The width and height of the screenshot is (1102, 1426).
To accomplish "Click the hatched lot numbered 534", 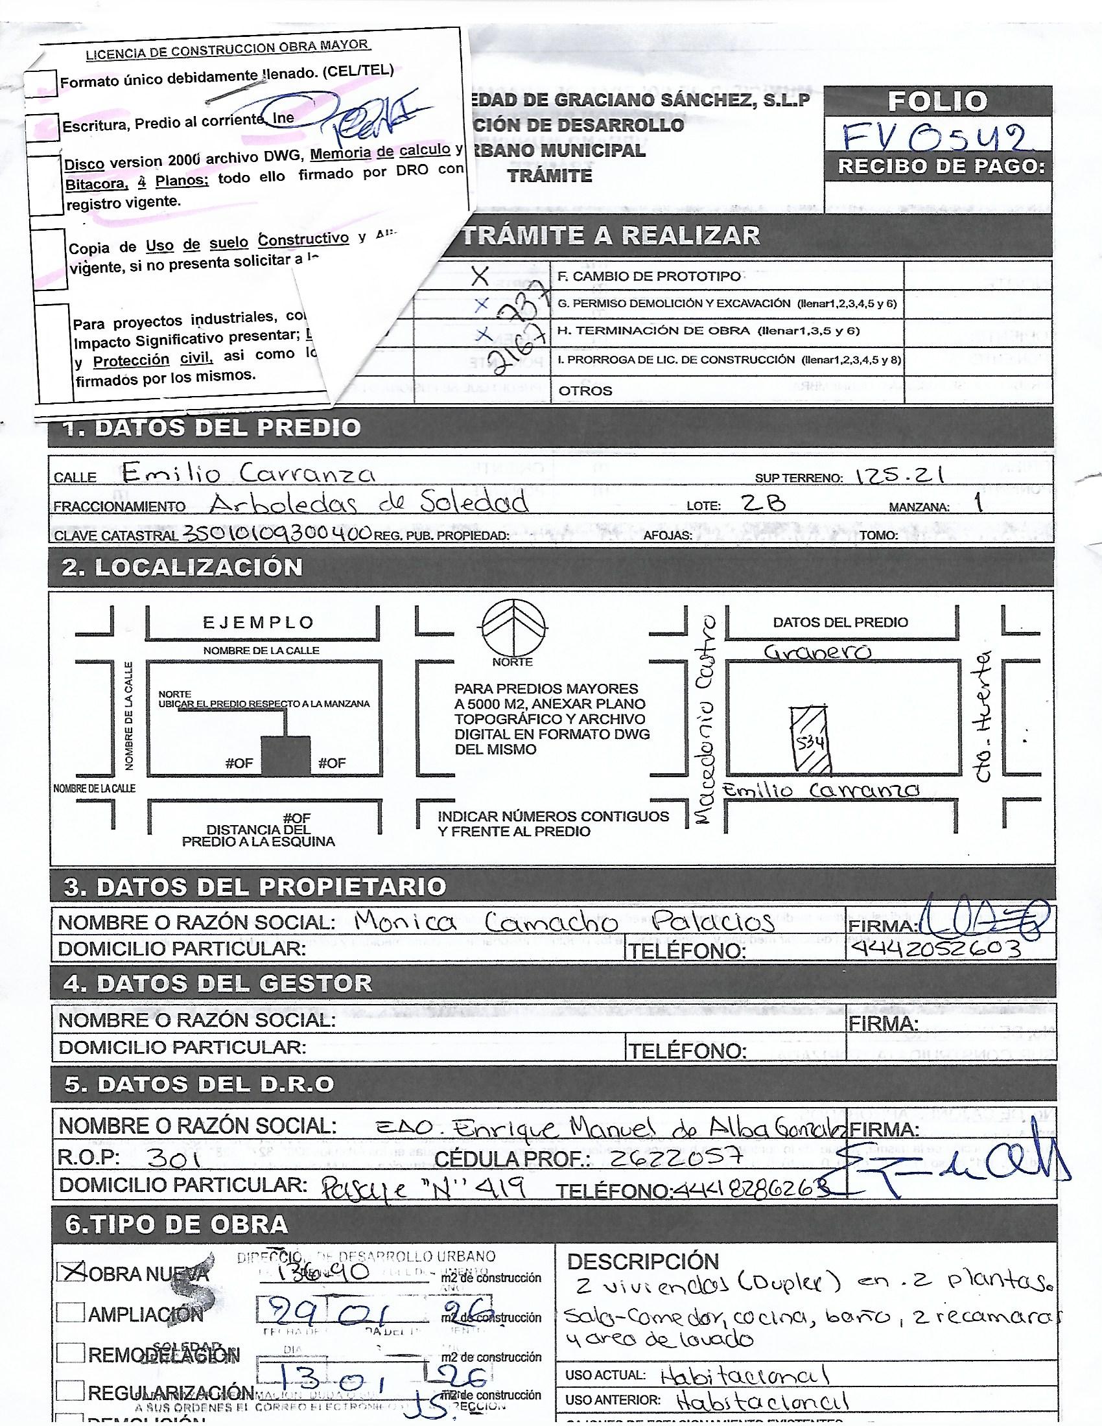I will pyautogui.click(x=809, y=740).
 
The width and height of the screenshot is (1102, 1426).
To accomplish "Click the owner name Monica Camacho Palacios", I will pyautogui.click(x=565, y=922).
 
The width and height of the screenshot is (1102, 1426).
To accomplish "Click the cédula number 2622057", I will pyautogui.click(x=675, y=1158).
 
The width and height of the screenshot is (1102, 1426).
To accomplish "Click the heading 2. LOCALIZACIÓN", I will pyautogui.click(x=183, y=567).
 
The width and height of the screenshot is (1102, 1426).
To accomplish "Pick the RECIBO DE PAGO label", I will pyautogui.click(x=941, y=167).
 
